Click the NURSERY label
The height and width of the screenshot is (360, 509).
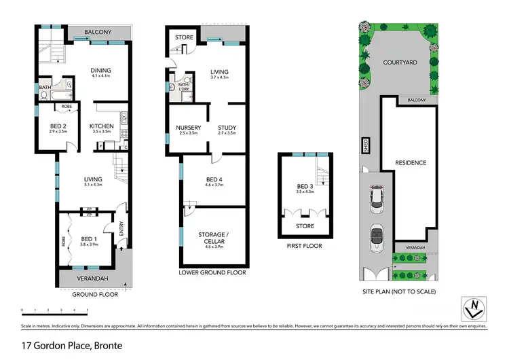click(x=186, y=127)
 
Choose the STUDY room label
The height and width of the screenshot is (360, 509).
click(x=227, y=127)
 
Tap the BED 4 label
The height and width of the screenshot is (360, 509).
click(x=214, y=179)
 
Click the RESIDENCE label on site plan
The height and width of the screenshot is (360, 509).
click(x=411, y=162)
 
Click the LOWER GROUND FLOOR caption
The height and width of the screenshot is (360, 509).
click(x=212, y=272)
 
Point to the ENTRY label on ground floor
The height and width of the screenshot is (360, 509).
click(x=122, y=233)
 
